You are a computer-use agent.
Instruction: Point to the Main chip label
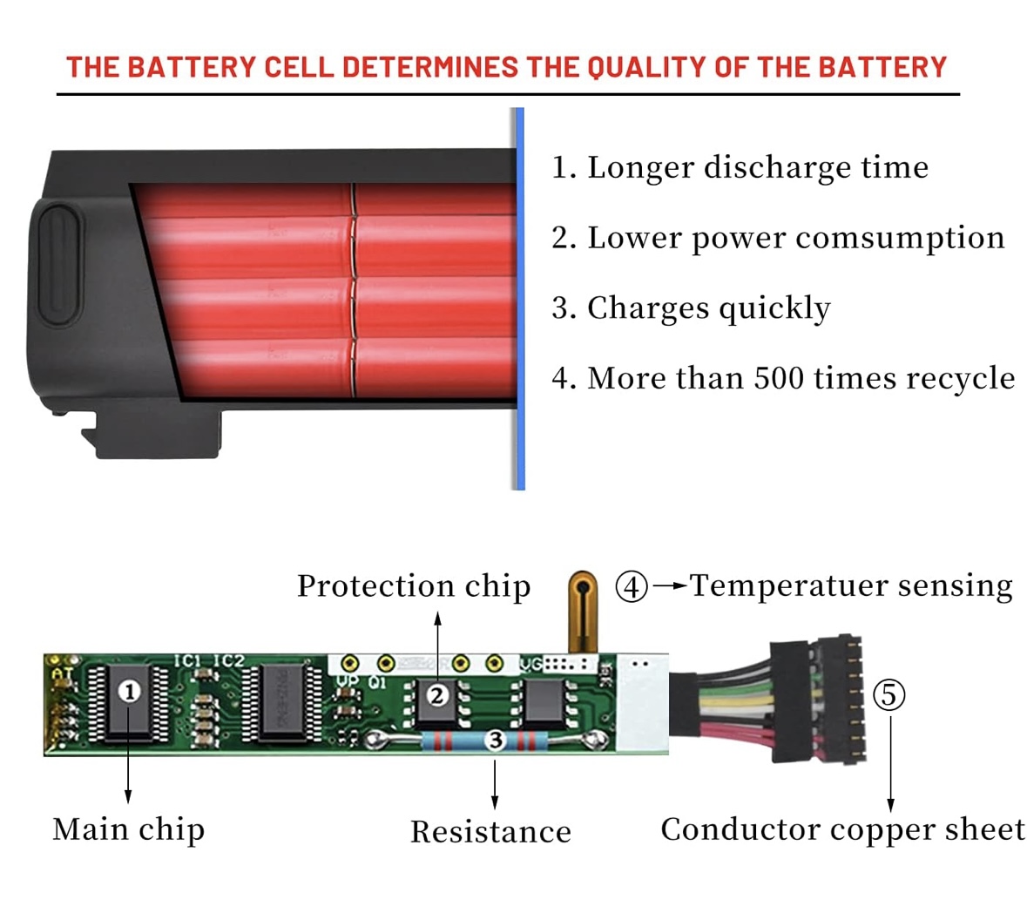coord(128,829)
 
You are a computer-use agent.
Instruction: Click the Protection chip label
coord(414,586)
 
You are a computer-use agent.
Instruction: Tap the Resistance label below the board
coord(490,832)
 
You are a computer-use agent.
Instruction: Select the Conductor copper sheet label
coord(842,829)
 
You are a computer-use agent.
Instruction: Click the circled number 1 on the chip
coord(130,692)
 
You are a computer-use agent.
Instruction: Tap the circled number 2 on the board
coord(437,694)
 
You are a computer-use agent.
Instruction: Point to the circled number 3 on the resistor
coord(495,741)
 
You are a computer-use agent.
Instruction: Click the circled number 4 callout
coord(632,586)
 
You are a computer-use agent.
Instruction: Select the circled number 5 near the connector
coord(889,694)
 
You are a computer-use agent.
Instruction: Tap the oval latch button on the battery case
coord(58,261)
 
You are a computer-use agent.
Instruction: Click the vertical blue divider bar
coord(519,299)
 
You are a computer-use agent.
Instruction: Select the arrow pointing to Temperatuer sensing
coord(669,586)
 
